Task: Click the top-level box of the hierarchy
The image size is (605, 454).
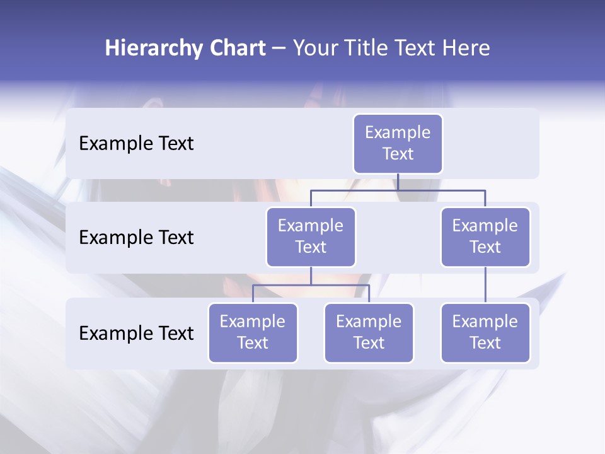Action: click(x=398, y=143)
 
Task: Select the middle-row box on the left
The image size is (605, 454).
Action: click(x=311, y=236)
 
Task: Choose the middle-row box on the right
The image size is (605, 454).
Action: click(x=485, y=236)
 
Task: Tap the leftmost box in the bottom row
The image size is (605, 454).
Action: click(x=253, y=332)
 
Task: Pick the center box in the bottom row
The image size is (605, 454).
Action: click(x=369, y=332)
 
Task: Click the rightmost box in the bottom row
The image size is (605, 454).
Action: click(x=485, y=332)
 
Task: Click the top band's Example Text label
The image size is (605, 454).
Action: click(x=136, y=144)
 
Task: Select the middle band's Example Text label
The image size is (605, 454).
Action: click(x=136, y=238)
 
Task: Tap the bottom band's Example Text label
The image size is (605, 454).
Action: click(x=136, y=334)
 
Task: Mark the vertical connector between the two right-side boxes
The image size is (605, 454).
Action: click(x=485, y=285)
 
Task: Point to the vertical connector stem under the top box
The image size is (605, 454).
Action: click(x=398, y=182)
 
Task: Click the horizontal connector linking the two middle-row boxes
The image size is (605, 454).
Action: click(x=398, y=190)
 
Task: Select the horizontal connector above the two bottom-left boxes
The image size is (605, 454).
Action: click(x=311, y=285)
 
